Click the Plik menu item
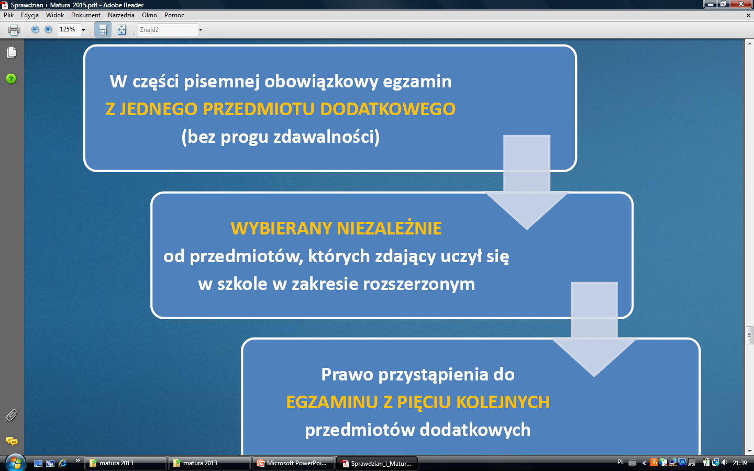tap(8, 15)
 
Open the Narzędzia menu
tap(121, 15)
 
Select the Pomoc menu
tap(174, 15)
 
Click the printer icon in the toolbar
tap(14, 30)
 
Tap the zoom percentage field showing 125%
tap(69, 30)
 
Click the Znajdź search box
tap(168, 30)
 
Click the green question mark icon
tap(11, 78)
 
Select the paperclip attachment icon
tap(12, 416)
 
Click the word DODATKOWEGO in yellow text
tap(388, 109)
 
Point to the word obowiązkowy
tap(321, 82)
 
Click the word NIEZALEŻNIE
tap(389, 228)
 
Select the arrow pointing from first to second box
tap(527, 182)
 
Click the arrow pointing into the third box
tap(594, 329)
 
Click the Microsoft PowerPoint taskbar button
tap(292, 463)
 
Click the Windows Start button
tap(15, 463)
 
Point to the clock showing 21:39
tap(740, 463)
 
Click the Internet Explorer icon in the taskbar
tap(63, 463)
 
